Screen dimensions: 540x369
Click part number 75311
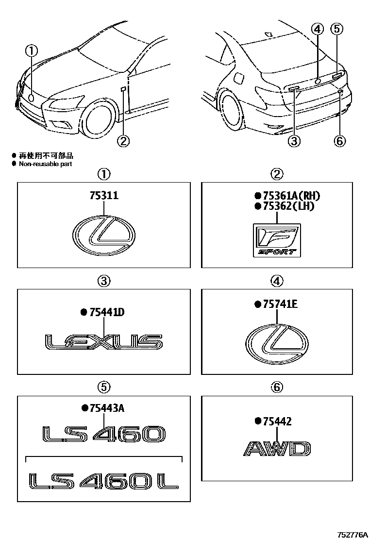point(104,195)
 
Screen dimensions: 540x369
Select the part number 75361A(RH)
point(287,196)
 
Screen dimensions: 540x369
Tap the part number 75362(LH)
point(285,206)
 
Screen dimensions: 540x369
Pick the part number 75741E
point(276,304)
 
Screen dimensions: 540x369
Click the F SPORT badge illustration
point(276,240)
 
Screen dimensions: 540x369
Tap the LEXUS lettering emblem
point(103,342)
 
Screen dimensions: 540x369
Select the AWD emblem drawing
point(276,449)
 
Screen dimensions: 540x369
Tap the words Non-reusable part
point(45,164)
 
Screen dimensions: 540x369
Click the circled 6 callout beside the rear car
point(339,141)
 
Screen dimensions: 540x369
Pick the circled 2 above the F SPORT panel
point(276,173)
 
